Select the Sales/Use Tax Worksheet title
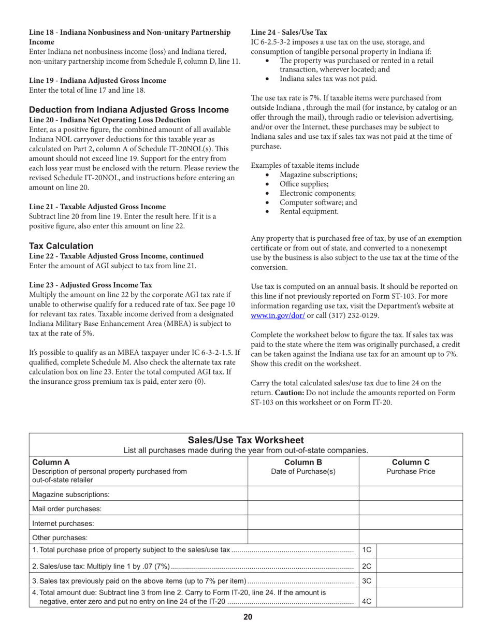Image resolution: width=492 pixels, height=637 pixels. click(x=245, y=440)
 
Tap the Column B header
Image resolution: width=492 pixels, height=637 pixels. click(x=303, y=462)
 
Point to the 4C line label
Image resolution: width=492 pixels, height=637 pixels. click(x=367, y=601)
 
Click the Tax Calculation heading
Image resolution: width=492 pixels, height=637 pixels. click(x=61, y=246)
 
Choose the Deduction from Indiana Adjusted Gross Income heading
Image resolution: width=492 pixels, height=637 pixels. click(x=129, y=110)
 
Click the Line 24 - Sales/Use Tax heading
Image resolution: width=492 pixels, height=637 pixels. click(x=289, y=32)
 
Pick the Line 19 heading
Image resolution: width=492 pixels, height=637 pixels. click(x=98, y=80)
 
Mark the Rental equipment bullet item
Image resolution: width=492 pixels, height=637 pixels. click(x=309, y=211)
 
